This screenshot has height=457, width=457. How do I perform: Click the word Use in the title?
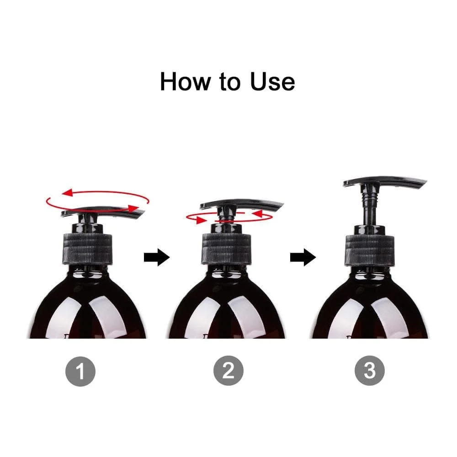tap(272, 81)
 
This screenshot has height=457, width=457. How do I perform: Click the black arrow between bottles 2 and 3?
tap(303, 258)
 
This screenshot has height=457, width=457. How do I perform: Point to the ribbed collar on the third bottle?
tap(370, 250)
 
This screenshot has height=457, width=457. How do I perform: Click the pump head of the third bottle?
tap(384, 183)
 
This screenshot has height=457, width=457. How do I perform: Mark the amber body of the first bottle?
tap(87, 311)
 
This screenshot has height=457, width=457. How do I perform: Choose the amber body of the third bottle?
tap(370, 311)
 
